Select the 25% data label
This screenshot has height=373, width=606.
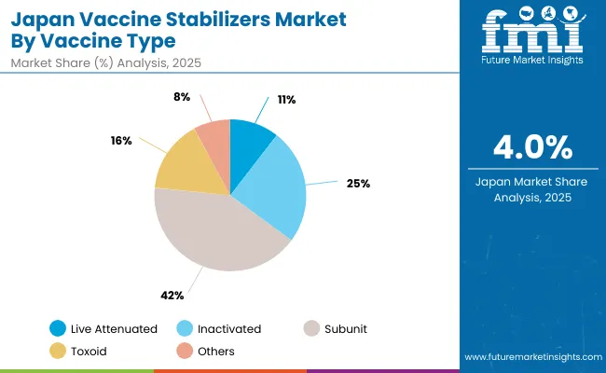tap(358, 183)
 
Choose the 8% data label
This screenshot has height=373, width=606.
tap(182, 96)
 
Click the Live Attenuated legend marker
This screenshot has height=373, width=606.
tap(59, 328)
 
